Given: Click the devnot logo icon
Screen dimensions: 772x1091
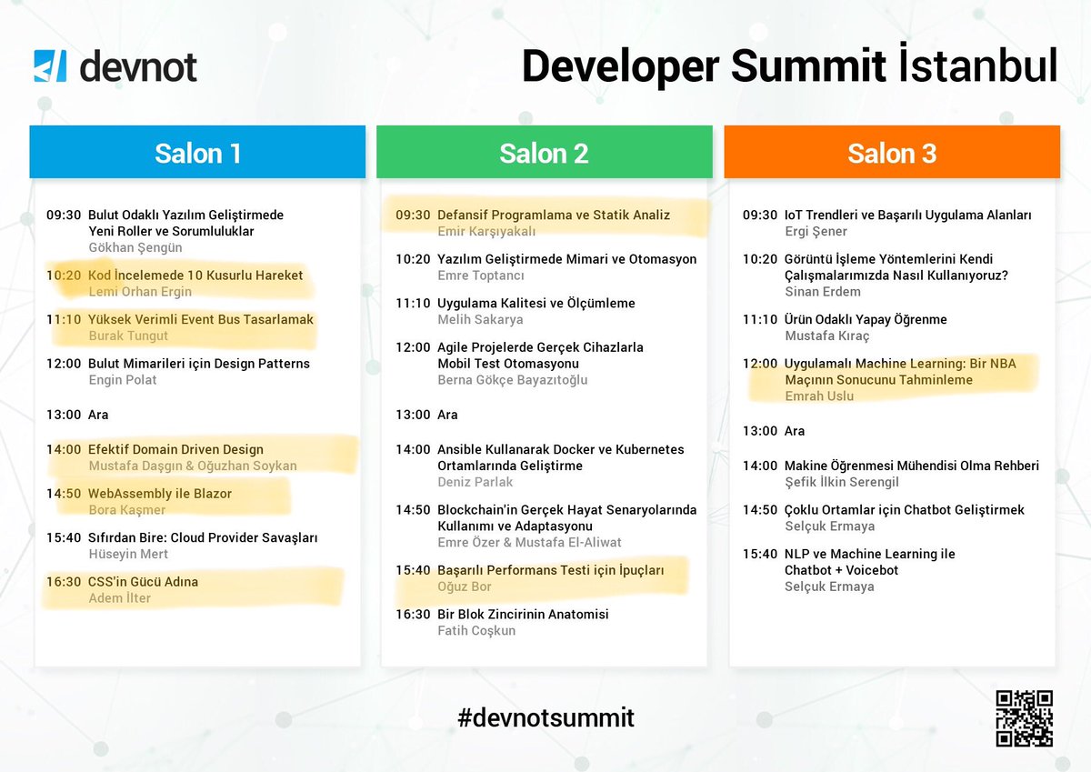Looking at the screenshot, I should click(x=50, y=67).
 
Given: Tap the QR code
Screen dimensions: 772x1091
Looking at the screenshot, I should click(x=1024, y=718).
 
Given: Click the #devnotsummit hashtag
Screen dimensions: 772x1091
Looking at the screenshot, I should click(x=545, y=717).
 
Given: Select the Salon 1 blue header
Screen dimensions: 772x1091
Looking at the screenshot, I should click(x=197, y=152).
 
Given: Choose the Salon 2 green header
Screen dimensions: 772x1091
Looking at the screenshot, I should click(x=544, y=152).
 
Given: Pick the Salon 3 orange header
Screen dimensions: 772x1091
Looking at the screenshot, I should click(x=891, y=152).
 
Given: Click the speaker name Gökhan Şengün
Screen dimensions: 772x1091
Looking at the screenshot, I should click(x=135, y=247).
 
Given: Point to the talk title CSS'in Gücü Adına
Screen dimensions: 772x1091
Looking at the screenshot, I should click(x=143, y=582).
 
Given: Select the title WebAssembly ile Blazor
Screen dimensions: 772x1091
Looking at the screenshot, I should click(x=160, y=494).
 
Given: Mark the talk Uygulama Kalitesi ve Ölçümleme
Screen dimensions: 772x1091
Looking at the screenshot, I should click(x=535, y=303).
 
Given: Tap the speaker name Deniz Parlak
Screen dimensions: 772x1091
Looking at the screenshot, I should click(x=475, y=482).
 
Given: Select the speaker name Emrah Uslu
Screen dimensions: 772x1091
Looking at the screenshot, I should click(x=819, y=396).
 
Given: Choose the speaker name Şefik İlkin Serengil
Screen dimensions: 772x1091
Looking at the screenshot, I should click(x=841, y=482).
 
